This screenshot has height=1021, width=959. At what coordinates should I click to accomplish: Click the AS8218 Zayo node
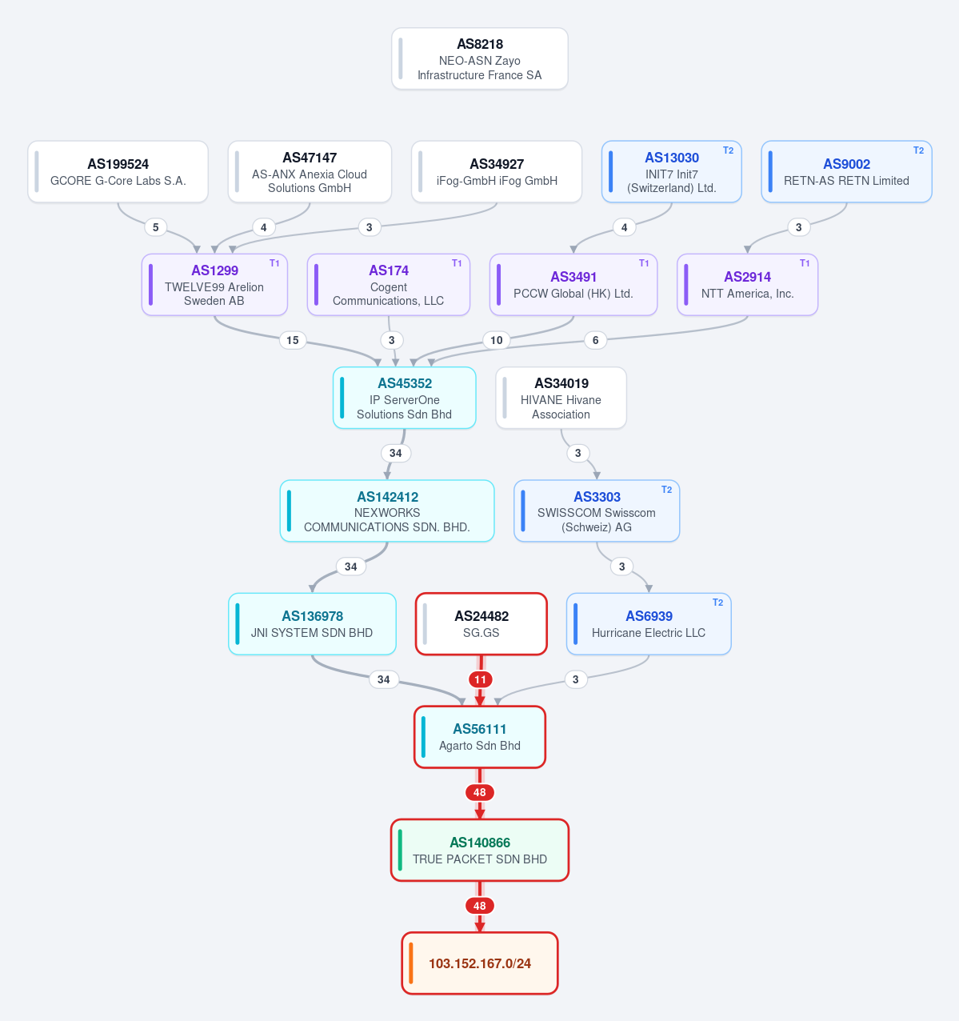coord(480,58)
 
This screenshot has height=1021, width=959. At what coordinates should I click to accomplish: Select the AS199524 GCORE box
coord(118,172)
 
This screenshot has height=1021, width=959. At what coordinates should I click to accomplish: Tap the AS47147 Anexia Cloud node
coord(310,172)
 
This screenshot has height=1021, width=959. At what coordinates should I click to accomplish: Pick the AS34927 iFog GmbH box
coord(497,172)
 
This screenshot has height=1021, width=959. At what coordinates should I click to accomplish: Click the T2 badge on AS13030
coord(728,150)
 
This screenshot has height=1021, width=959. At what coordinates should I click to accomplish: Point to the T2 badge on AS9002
coord(918,150)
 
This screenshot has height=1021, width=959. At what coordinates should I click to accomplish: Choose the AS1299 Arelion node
coord(214,285)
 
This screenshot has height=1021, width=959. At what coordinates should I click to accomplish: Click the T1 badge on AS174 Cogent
coord(457,263)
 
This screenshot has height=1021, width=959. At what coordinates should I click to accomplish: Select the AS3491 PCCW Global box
coord(573,285)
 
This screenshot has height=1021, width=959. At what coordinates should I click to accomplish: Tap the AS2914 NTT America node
coord(747,285)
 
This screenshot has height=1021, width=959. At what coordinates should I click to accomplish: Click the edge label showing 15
coord(293,340)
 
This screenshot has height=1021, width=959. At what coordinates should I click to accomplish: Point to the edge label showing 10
coord(496,340)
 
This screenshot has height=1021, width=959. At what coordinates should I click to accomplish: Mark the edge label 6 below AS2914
coord(595,340)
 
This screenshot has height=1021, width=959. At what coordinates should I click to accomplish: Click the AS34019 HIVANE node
coord(561,398)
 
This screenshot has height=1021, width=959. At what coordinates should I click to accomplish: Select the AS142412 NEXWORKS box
coord(387,511)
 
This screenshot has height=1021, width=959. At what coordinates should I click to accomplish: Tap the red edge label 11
coord(480,679)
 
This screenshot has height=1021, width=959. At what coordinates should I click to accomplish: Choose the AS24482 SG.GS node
coord(481,624)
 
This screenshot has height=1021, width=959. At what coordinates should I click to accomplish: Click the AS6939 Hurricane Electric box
coord(649,624)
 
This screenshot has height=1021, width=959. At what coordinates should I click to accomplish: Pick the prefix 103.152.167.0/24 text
coord(480,963)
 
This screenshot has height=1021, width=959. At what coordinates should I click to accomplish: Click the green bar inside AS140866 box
coord(400,851)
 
